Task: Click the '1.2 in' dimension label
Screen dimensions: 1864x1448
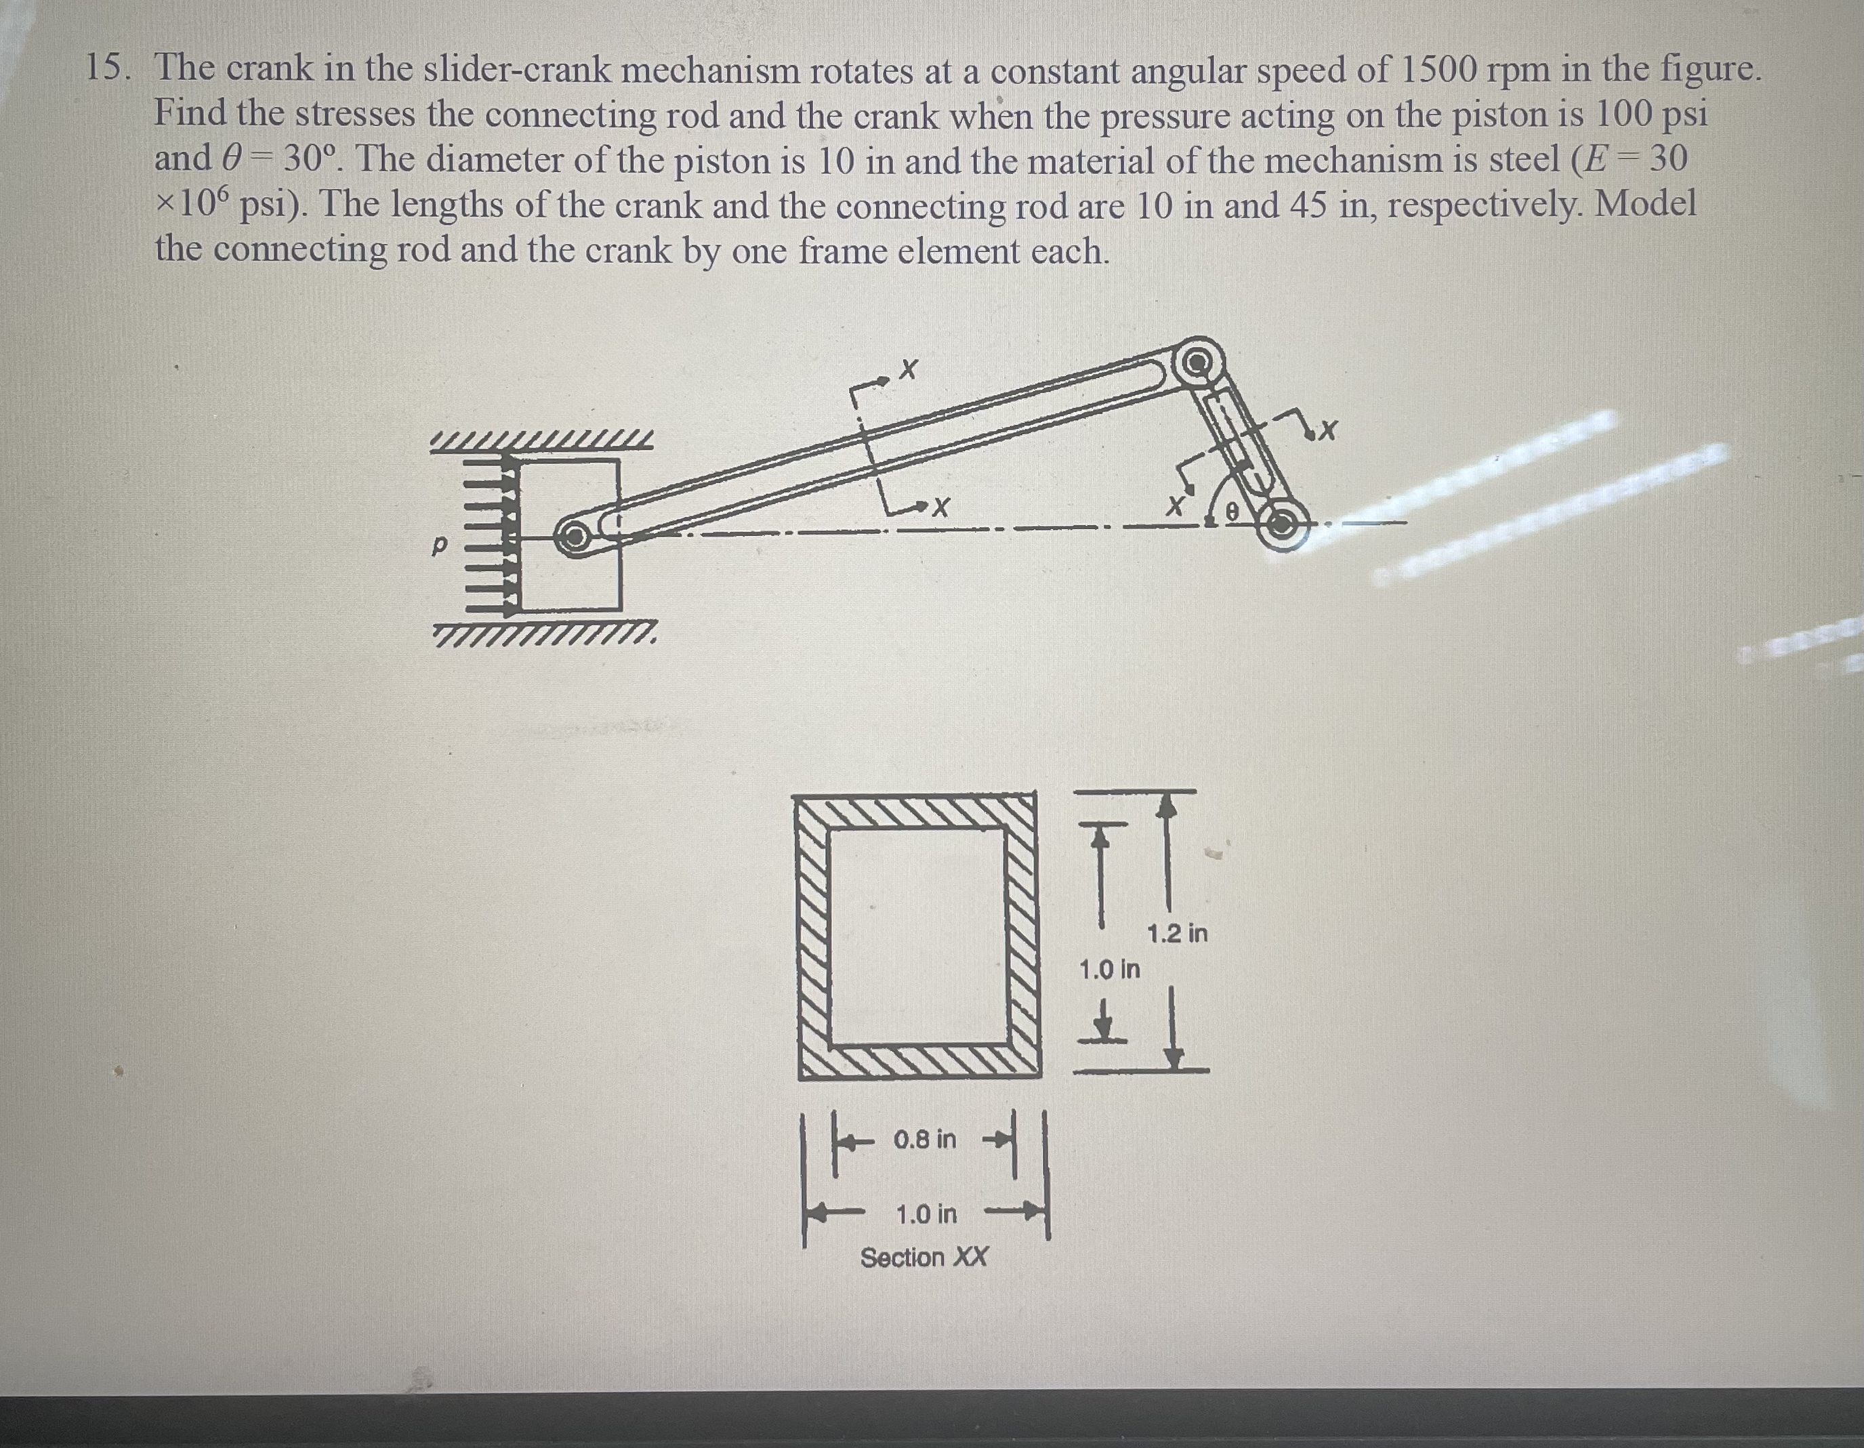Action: coord(1177,934)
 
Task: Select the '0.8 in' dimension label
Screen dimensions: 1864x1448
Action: coord(925,1139)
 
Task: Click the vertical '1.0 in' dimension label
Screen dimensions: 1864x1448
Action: coord(1109,970)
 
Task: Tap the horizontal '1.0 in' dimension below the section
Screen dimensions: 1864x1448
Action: coord(927,1214)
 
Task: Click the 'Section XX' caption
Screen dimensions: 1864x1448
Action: coord(924,1258)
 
